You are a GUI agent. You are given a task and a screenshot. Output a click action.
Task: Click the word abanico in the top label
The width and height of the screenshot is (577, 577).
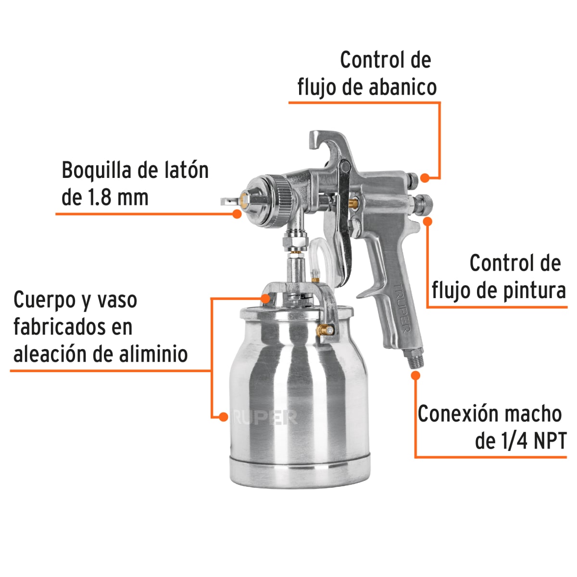pos(402,88)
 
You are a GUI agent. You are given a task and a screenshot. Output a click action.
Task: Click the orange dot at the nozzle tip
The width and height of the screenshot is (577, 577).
pos(237,213)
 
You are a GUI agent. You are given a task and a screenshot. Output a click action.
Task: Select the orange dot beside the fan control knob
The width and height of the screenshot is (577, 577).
pos(425,177)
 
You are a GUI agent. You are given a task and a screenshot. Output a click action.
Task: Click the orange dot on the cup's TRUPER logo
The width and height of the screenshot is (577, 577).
pos(223,416)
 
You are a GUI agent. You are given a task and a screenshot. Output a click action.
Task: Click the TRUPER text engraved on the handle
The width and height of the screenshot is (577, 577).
pos(401,308)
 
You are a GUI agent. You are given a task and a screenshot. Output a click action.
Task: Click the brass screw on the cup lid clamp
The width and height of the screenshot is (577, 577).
pos(325,330)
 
